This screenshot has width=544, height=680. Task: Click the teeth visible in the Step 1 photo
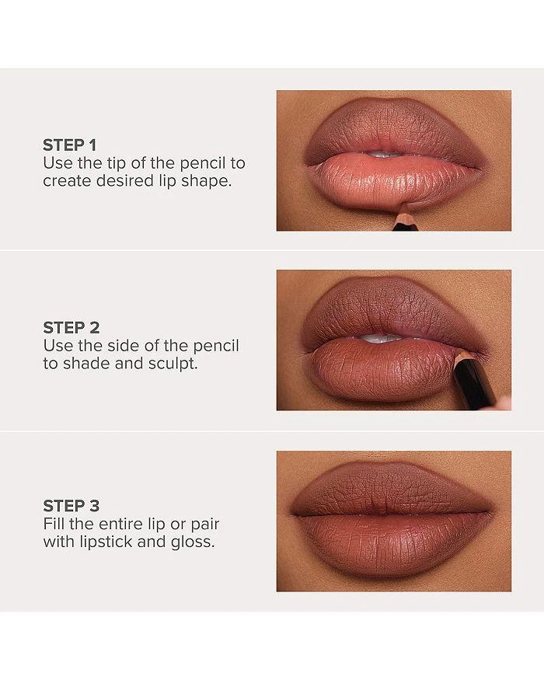coord(378,153)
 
